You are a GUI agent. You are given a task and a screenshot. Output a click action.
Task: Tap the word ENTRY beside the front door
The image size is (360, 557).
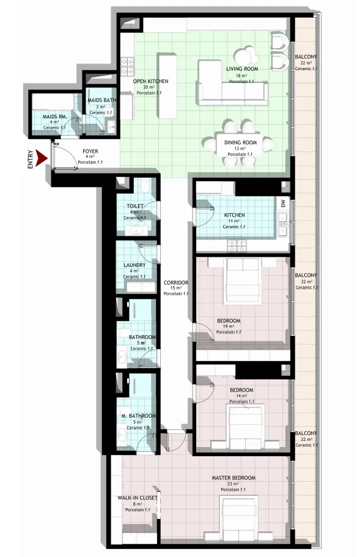pos(31,159)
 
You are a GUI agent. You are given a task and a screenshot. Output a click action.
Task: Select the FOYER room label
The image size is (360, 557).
pos(90,151)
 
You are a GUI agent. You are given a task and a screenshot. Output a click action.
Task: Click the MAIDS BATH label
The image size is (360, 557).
pos(102,100)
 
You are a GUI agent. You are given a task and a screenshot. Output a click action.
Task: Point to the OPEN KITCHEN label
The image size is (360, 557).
pos(151,81)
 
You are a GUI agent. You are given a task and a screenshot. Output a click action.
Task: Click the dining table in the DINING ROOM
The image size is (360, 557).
pos(240,145)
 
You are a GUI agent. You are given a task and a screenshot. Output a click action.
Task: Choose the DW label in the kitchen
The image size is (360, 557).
pos(283,204)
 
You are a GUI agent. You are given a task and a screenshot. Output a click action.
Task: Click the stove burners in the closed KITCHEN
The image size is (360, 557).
pos(237,245)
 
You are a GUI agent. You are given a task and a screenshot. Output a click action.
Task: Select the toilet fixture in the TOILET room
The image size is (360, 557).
pos(145,185)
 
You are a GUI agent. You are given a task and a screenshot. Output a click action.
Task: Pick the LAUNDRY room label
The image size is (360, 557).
pos(134,265)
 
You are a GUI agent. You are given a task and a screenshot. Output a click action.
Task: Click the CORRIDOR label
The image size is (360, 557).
pos(176,283)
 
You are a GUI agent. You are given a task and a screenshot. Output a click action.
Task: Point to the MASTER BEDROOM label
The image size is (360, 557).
pos(233,478)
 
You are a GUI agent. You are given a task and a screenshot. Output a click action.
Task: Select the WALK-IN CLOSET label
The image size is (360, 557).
pos(138,498)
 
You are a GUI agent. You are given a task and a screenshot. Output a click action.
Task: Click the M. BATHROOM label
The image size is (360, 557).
pos(139,416)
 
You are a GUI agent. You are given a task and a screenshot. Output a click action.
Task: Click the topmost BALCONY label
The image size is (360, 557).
pos(306,57)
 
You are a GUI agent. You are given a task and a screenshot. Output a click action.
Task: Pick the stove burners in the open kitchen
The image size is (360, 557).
pos(127,67)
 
